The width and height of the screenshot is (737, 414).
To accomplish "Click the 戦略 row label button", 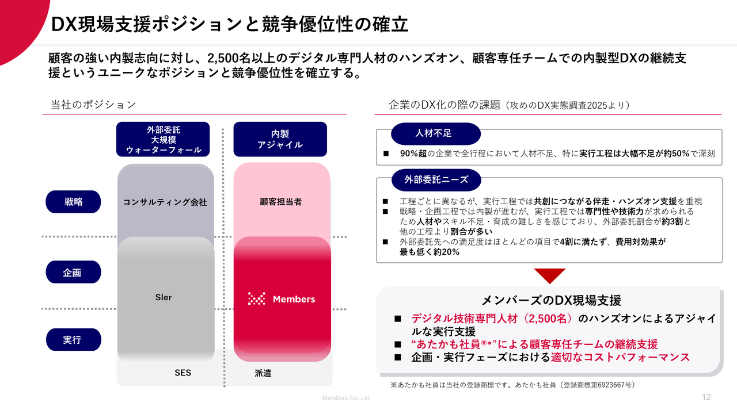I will (73, 202).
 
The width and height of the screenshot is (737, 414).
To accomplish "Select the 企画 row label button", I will (73, 272).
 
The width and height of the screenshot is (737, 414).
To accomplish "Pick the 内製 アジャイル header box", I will (280, 139).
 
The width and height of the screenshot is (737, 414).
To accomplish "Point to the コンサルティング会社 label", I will (165, 202).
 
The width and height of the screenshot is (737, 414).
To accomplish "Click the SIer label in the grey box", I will (164, 297).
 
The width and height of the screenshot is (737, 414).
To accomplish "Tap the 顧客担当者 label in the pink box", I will (280, 202).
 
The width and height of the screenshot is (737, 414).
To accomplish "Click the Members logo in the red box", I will (282, 299).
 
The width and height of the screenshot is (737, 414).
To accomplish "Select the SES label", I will (183, 373).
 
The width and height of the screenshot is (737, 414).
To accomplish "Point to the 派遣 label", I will (263, 373).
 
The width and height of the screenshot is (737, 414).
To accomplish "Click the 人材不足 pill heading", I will (435, 133).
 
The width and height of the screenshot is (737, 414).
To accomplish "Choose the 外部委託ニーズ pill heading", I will (435, 179).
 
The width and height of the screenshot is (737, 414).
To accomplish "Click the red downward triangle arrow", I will (549, 275).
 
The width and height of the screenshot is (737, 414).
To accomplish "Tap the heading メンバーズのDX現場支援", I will (551, 300).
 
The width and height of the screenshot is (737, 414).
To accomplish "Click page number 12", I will (706, 397).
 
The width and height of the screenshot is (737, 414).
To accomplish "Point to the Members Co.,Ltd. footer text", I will (347, 398).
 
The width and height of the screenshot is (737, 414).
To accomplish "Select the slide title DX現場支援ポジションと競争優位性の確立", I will (229, 25).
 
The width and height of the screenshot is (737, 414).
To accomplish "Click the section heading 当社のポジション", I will (93, 105).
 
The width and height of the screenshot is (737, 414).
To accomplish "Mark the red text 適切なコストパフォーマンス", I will (620, 357).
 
